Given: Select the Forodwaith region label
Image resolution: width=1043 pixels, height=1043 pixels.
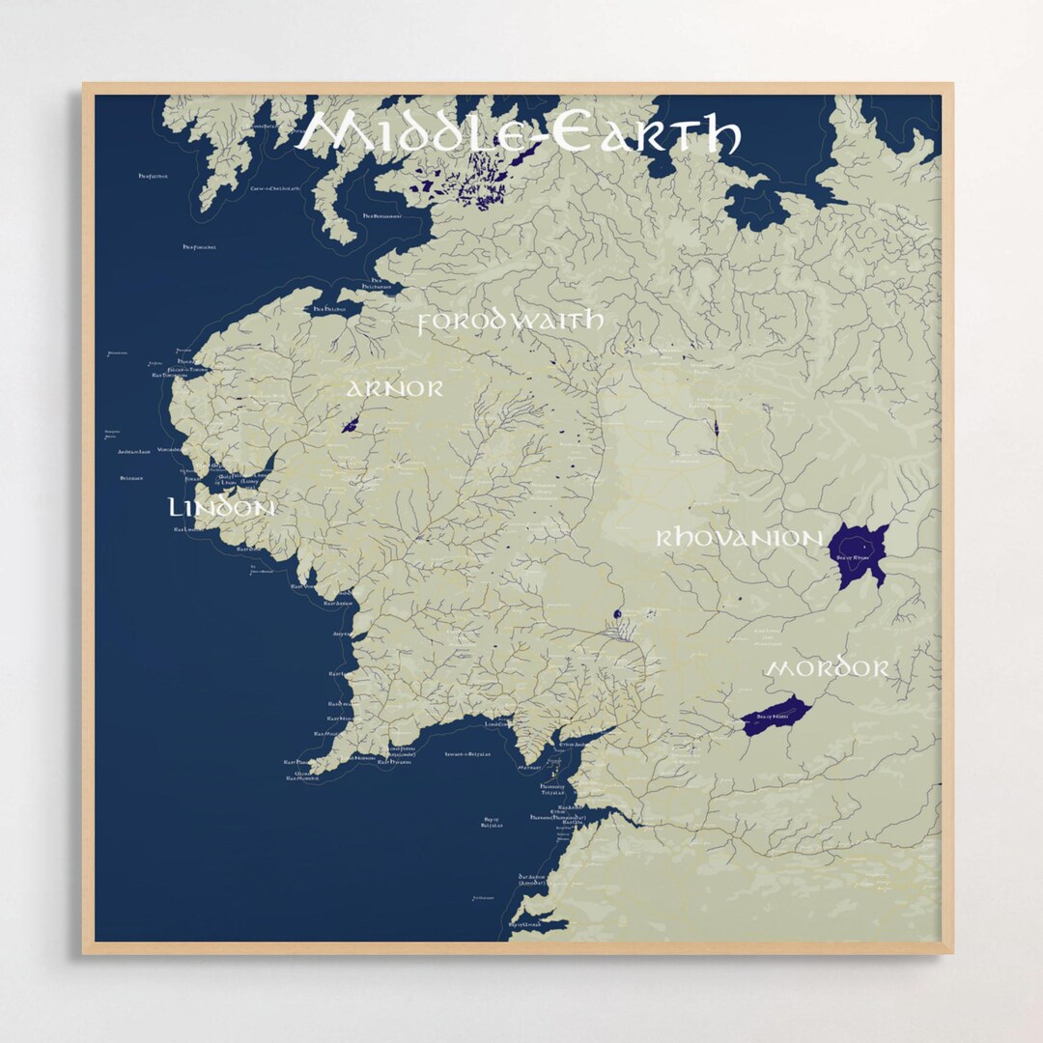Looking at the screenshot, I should tap(510, 321).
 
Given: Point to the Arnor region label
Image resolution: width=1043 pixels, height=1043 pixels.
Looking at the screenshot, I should tap(395, 388).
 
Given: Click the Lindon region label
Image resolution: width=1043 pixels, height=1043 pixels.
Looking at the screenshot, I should tap(221, 507).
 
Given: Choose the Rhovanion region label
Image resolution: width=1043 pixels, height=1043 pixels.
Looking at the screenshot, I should tap(739, 538).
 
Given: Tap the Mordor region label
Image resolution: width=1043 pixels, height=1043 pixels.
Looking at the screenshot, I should tap(827, 668).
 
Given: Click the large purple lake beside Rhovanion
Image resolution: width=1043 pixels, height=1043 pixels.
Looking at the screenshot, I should tap(857, 555).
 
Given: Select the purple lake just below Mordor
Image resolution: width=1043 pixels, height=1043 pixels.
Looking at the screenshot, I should tap(775, 715).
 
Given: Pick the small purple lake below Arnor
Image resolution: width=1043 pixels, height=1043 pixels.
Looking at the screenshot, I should tap(351, 424).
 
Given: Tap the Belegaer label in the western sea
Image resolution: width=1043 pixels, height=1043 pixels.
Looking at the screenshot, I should tap(132, 478).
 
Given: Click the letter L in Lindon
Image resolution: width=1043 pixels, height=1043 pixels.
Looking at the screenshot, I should tap(176, 507).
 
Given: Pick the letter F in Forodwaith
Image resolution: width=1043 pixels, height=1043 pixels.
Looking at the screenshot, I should tap(426, 323).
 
